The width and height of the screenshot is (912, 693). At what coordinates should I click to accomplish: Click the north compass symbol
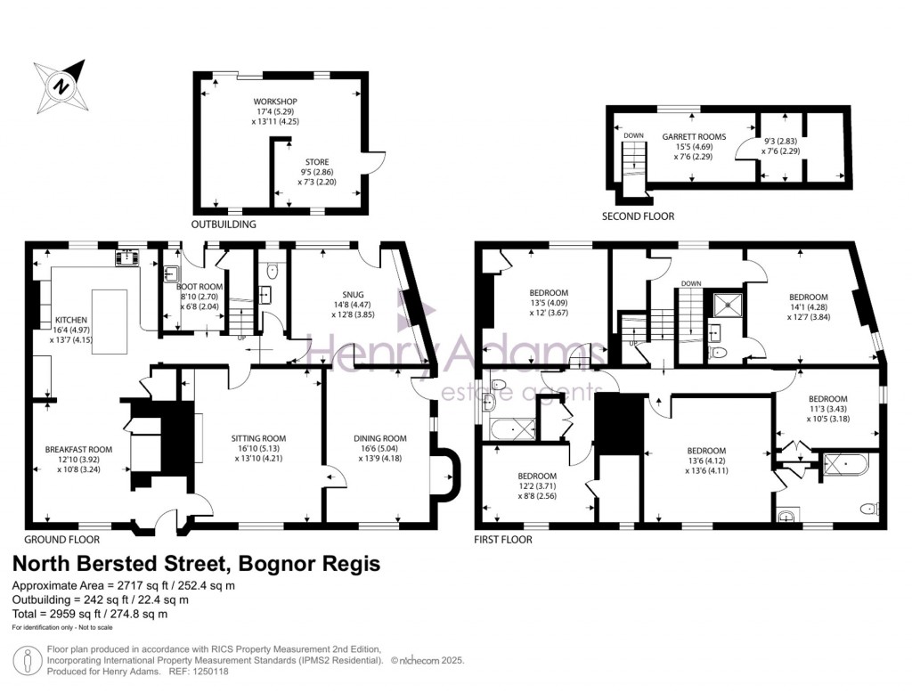pos(61,86)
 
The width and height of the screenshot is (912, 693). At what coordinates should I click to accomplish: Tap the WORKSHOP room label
pos(274,102)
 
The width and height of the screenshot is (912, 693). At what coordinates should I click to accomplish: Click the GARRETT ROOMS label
pos(693,136)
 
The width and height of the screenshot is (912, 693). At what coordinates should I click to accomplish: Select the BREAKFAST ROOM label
pos(79,449)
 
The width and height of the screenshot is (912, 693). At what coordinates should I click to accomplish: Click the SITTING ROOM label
pos(258,438)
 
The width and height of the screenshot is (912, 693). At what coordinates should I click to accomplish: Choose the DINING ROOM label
pos(380,438)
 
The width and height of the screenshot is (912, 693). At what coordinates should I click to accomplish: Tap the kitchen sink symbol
pos(126,257)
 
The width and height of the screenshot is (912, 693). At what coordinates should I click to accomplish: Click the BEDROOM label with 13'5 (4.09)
pos(550,292)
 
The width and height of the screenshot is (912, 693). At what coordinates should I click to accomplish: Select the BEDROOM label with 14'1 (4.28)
pos(808,297)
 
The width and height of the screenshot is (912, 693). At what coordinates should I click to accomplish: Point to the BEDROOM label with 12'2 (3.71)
pos(537,476)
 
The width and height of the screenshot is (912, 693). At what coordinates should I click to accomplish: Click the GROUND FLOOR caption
pos(61,540)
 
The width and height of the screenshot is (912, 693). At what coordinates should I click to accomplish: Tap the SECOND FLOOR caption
pos(639,216)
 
